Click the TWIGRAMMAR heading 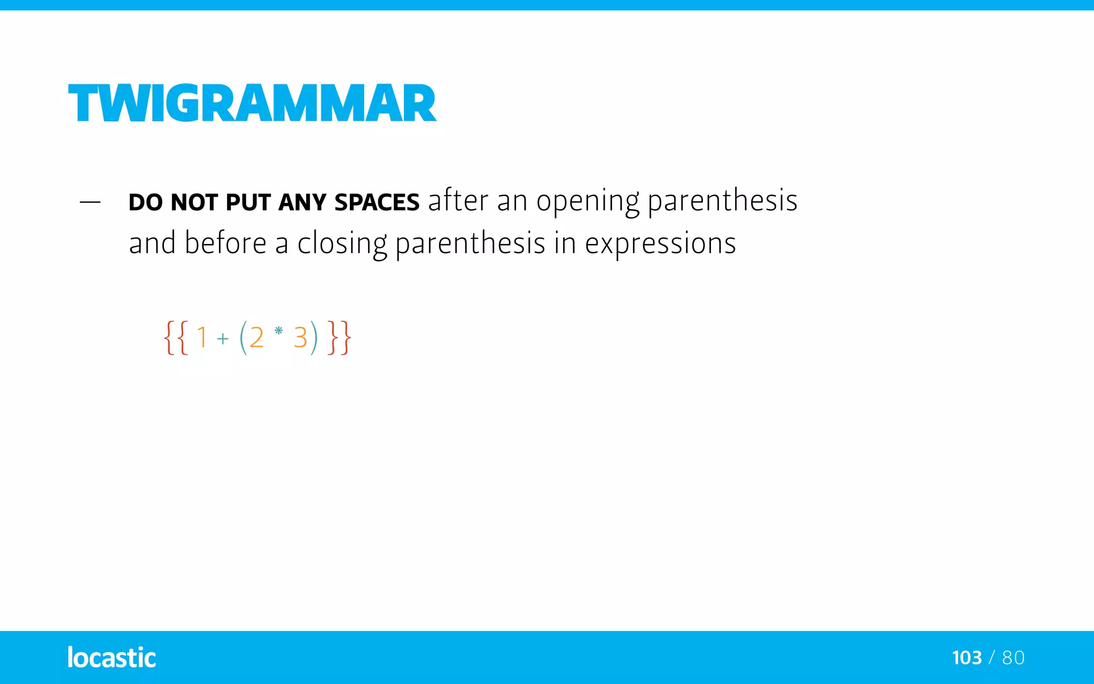tap(252, 103)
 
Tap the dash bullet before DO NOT tap(90, 203)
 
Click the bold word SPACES tap(377, 203)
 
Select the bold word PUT tap(248, 203)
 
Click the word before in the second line tap(225, 244)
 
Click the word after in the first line tap(458, 201)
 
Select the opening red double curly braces tap(176, 337)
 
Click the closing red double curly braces tap(340, 337)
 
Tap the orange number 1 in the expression tap(202, 337)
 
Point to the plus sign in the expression tap(223, 339)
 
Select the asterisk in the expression tap(278, 331)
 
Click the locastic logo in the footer tap(112, 657)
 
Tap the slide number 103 tap(967, 658)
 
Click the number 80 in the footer tap(1013, 658)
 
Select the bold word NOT tap(194, 203)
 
